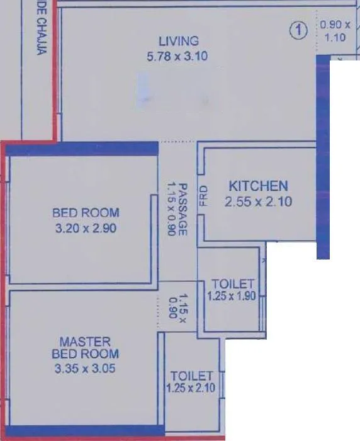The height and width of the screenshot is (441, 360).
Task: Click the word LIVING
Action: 179,42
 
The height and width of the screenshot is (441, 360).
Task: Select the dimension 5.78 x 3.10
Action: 176,57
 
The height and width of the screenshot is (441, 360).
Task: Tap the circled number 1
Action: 298,30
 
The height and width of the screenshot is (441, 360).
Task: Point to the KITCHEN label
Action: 258,186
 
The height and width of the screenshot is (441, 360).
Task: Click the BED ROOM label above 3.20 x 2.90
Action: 86,213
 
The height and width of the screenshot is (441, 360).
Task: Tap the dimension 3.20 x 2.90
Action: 86,228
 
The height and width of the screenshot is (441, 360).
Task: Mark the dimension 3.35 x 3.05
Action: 85,369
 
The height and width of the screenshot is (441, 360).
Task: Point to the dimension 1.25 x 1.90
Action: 232,296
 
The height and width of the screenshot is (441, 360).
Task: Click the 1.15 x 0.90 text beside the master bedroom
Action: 178,306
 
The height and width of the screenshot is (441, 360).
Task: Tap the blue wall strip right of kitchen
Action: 323,157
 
